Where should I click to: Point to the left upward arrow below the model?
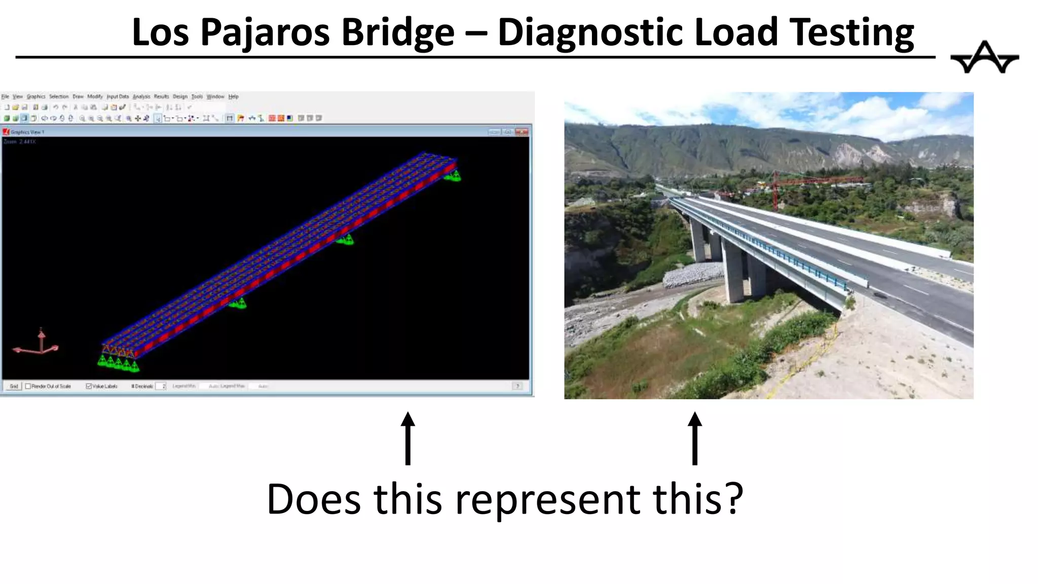[407, 438]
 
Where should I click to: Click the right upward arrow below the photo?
[695, 438]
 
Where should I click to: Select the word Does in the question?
[314, 499]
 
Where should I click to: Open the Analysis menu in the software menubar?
[141, 96]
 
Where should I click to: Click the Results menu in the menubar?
[161, 96]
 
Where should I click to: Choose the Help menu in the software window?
[233, 96]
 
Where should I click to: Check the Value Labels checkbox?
[89, 386]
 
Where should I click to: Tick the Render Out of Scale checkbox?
[28, 386]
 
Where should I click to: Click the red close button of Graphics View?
[522, 132]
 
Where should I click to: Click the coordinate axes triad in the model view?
[39, 345]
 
